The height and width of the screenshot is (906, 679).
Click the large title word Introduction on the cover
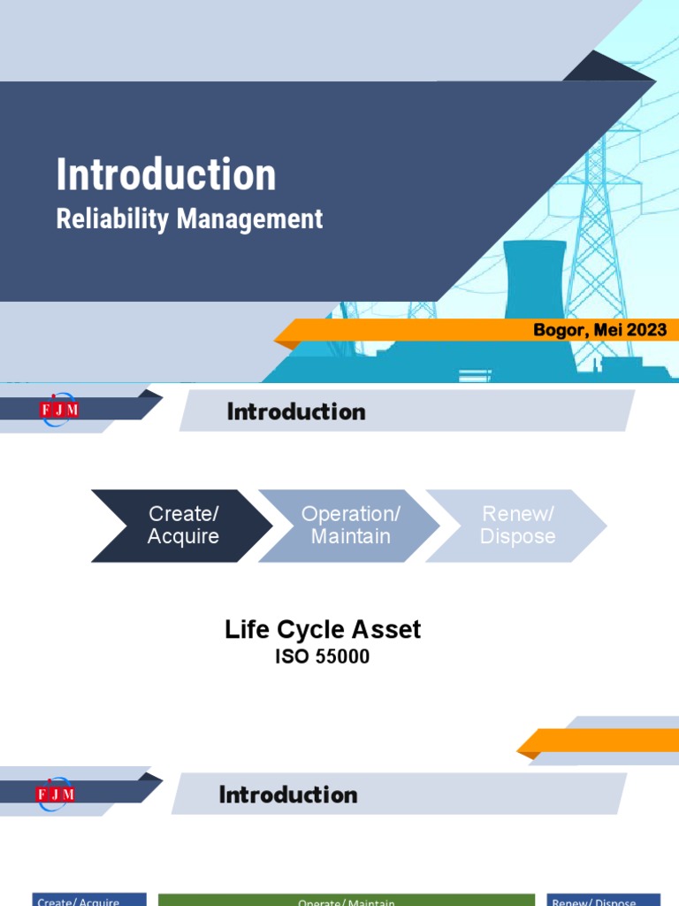coord(166,174)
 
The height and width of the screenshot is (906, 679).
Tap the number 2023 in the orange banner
coord(648,331)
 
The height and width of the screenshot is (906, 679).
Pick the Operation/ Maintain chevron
coord(350,526)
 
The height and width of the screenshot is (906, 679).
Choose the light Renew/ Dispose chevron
coord(517,526)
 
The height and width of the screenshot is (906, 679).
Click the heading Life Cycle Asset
coord(323,630)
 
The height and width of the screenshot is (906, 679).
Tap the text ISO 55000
coord(322,657)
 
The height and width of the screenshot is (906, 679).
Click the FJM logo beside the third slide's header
coord(57,794)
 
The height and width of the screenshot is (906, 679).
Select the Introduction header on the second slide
coord(296,411)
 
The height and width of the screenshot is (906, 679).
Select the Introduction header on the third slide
coord(288,795)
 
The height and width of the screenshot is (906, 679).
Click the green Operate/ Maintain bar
coord(347,900)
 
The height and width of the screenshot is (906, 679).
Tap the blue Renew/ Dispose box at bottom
coord(604,900)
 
